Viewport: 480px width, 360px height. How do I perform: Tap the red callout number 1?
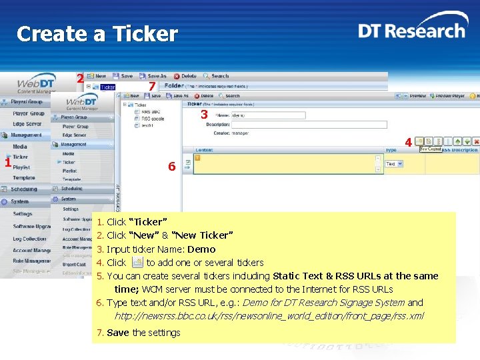click(x=7, y=163)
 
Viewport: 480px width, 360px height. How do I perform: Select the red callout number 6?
click(x=171, y=167)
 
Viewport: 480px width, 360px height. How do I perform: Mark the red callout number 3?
click(x=204, y=115)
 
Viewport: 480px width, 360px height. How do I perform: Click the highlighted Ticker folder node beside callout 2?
click(x=107, y=87)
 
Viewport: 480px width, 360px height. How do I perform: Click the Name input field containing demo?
click(x=267, y=115)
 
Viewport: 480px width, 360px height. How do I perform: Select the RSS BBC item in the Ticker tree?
click(x=151, y=111)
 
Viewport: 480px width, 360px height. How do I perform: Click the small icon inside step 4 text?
click(x=137, y=262)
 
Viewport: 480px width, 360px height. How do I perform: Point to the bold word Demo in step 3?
click(x=201, y=249)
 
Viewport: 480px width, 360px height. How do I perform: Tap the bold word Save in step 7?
click(x=118, y=333)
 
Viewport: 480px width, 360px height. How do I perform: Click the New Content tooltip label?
click(x=429, y=149)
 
